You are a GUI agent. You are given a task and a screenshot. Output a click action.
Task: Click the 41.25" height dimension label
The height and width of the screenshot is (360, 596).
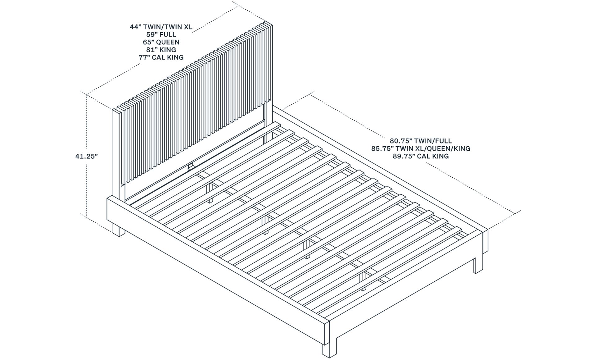[87, 156]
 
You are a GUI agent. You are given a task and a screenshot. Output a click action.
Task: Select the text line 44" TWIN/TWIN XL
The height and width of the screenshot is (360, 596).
[161, 27]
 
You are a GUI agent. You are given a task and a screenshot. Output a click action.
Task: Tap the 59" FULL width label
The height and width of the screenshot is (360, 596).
[161, 34]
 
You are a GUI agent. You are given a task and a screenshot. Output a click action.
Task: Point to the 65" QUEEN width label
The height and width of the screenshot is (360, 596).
[161, 42]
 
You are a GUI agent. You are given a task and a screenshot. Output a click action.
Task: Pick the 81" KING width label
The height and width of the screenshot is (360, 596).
[161, 50]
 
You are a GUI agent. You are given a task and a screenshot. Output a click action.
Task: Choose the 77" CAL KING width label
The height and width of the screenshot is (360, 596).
[161, 57]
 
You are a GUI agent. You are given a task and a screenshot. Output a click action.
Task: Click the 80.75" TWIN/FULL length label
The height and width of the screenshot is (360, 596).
[421, 141]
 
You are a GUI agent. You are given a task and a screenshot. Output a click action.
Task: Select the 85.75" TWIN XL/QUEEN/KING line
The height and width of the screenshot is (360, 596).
[421, 148]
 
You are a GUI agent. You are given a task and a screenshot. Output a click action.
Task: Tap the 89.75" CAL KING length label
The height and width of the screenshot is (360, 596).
[421, 156]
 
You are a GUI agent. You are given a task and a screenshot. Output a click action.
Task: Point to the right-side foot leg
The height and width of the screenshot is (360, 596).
[478, 264]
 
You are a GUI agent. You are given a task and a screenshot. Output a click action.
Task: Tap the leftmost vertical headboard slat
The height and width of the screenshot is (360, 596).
[116, 149]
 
